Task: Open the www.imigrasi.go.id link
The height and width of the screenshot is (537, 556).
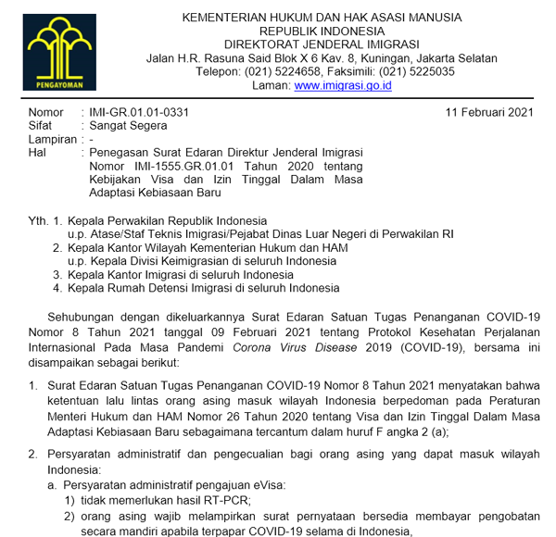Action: click(x=343, y=85)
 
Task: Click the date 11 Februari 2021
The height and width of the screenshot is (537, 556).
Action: click(x=489, y=113)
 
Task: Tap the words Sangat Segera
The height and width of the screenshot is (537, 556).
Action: click(x=128, y=126)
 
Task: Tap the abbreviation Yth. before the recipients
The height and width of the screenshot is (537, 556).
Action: click(x=40, y=221)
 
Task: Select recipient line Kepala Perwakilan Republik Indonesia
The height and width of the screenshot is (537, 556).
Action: click(x=167, y=221)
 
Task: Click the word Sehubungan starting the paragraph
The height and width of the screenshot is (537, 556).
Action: click(x=97, y=317)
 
